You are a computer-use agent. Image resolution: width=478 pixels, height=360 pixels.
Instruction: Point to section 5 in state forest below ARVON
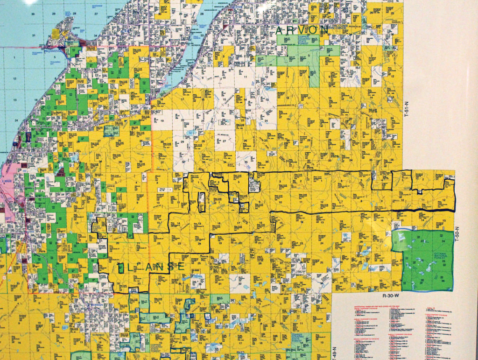tap(309, 55)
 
